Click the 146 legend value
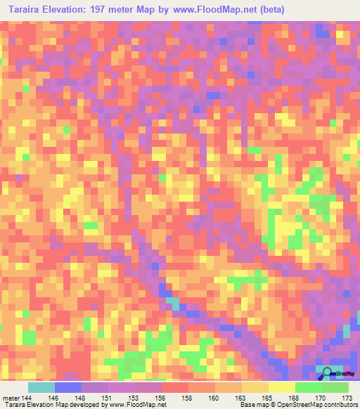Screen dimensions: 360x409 point(54,398)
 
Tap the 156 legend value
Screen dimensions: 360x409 point(161,398)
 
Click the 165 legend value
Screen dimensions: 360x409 point(268,398)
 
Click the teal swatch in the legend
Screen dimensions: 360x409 point(41,387)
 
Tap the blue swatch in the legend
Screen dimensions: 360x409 point(67,387)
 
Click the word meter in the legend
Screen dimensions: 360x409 point(10,398)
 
